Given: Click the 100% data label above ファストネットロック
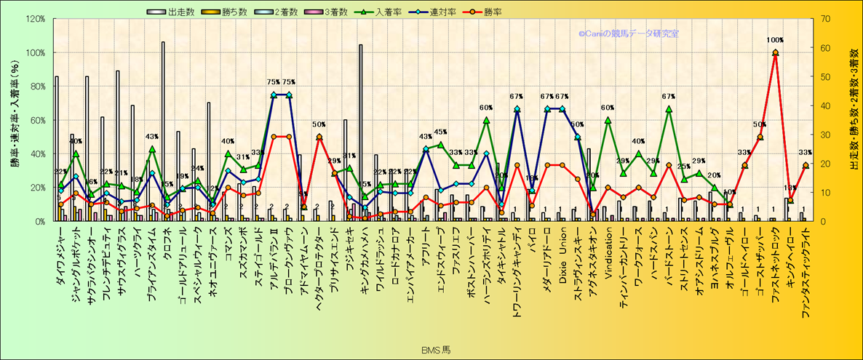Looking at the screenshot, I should pyautogui.click(x=775, y=40).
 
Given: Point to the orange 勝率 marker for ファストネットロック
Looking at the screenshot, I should pyautogui.click(x=775, y=52).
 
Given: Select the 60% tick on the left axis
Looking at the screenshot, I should pyautogui.click(x=36, y=120).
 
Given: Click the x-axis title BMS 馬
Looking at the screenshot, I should pyautogui.click(x=436, y=351).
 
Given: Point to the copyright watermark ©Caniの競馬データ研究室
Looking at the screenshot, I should pyautogui.click(x=628, y=33).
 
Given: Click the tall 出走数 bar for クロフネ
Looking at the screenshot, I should pyautogui.click(x=162, y=131).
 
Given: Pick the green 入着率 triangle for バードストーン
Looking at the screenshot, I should pyautogui.click(x=669, y=109).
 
